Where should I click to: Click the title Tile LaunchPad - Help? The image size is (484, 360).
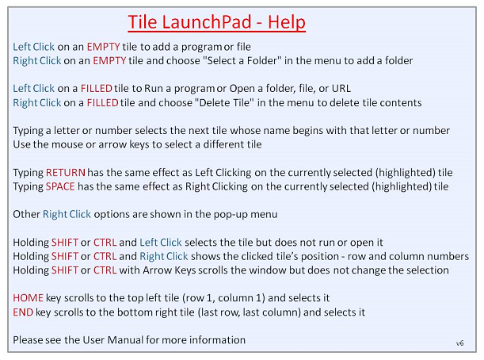pyautogui.click(x=217, y=22)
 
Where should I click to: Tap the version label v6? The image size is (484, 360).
pyautogui.click(x=460, y=343)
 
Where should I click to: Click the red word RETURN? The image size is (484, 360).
pyautogui.click(x=66, y=172)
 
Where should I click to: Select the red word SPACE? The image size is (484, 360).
pyautogui.click(x=60, y=186)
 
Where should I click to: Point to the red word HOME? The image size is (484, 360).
pyautogui.click(x=28, y=298)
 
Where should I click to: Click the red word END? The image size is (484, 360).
pyautogui.click(x=23, y=312)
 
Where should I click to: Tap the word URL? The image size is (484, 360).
pyautogui.click(x=341, y=89)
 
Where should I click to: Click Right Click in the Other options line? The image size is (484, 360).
pyautogui.click(x=67, y=214)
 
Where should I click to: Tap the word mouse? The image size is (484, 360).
pyautogui.click(x=67, y=144)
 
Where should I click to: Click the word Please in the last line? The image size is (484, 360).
pyautogui.click(x=28, y=340)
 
